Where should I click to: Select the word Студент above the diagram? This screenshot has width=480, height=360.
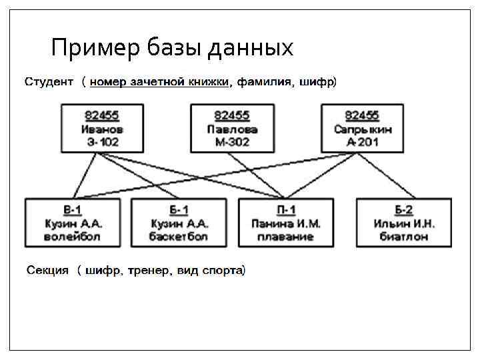pos(49,83)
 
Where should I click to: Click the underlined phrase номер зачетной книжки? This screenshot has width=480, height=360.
pos(161,83)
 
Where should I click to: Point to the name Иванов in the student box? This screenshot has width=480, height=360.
pos(101,129)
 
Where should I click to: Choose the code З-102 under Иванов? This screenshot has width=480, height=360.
pos(101,142)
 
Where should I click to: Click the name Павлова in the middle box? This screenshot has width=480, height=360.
pos(232,129)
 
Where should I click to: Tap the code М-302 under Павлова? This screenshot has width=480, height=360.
pos(232,142)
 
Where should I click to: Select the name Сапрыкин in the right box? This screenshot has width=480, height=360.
pos(363,129)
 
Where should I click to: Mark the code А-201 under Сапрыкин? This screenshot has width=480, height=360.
pos(363,142)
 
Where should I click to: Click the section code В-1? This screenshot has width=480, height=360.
pos(73,211)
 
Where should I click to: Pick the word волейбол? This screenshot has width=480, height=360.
pos(73,237)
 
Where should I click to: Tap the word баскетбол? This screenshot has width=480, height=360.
pos(179,237)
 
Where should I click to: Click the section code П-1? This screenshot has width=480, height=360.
pos(286,211)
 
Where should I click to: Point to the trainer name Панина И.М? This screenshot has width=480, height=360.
pos(286,224)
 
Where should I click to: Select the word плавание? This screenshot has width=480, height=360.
pos(286,237)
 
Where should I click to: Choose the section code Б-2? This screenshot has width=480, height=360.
pos(404,211)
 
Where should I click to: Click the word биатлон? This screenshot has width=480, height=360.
pos(404,237)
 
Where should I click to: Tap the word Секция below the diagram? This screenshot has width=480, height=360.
pos(47,271)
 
